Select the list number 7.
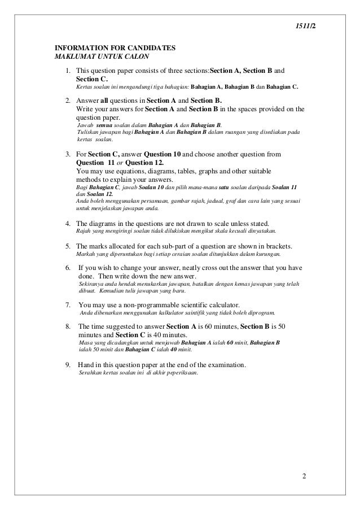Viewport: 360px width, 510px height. [68, 304]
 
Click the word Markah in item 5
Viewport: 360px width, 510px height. [86, 255]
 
